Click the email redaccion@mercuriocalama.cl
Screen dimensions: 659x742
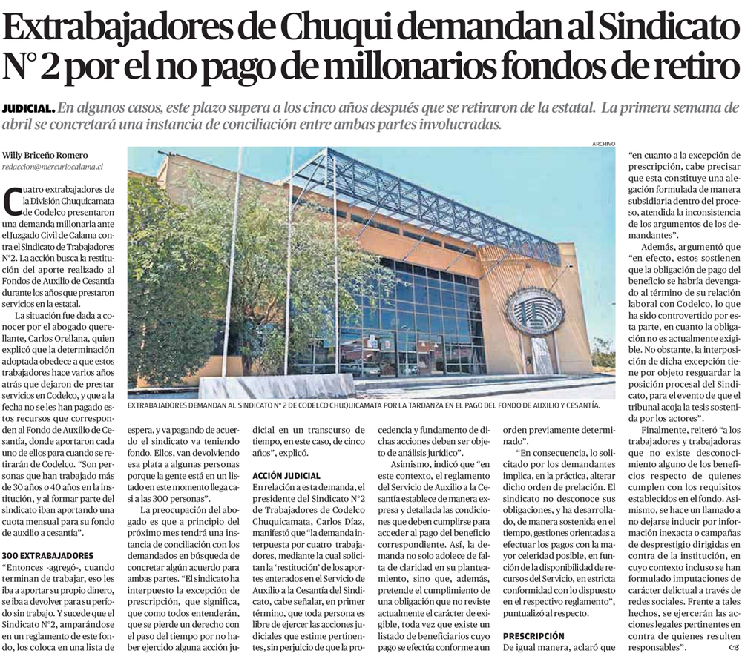pos(52,168)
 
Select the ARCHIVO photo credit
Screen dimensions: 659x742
pos(604,143)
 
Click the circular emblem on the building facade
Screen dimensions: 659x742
pos(534,311)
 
